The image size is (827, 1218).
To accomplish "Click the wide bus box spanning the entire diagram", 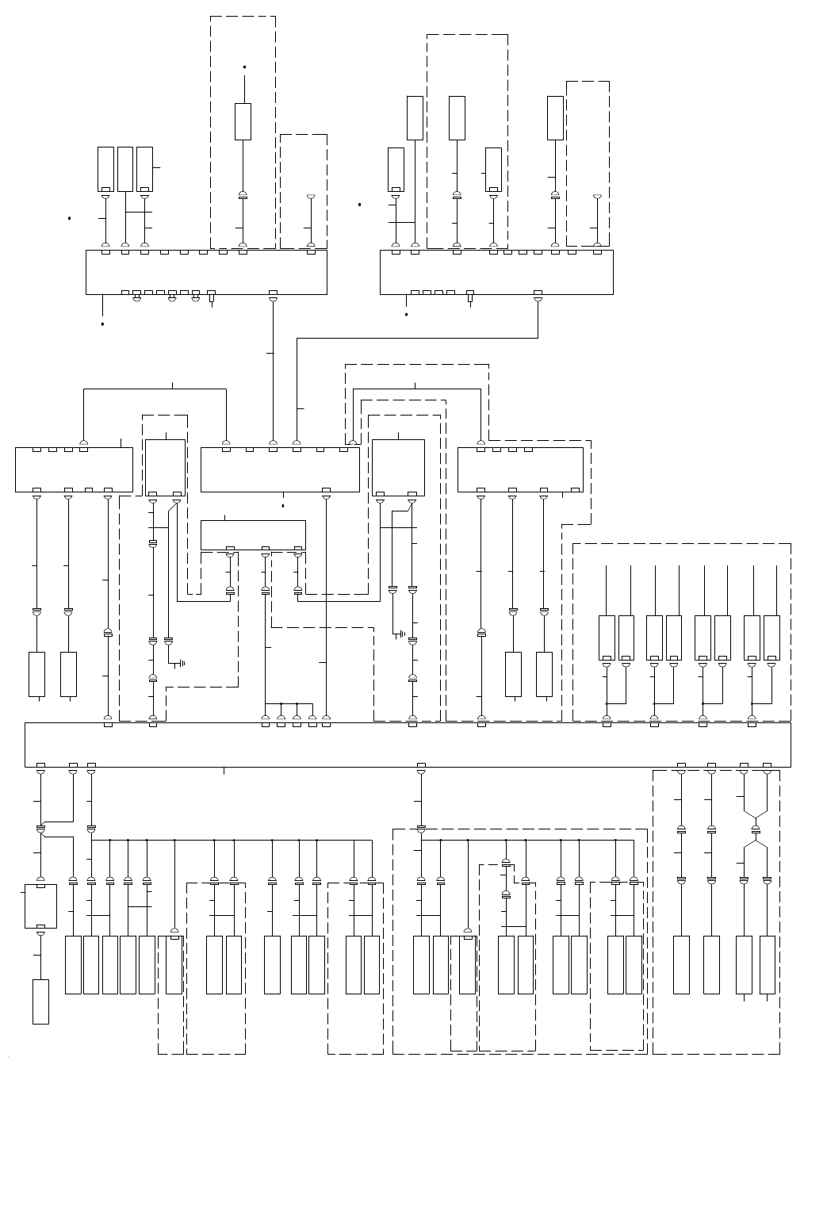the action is coord(408,745).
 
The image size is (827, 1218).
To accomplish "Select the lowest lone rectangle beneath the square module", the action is coord(40,1002).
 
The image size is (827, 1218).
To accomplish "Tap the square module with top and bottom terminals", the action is coord(41,906).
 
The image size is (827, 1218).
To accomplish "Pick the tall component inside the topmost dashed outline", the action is coord(243,121).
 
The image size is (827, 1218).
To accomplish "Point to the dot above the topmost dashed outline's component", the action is coord(244,67).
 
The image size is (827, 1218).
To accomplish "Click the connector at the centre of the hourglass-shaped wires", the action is coord(755,829).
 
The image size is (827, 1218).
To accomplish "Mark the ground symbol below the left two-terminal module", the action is coord(182,663).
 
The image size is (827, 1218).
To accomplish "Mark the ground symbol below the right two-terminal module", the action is coord(403,634).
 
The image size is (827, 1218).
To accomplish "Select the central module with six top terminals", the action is coord(280,469).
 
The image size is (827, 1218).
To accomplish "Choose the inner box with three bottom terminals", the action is coord(253,534).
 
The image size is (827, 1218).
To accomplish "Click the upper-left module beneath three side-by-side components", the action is coord(206,272).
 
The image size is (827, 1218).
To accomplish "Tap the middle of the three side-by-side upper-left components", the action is coord(125,169).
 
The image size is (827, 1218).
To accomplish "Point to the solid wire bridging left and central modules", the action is coord(155,389).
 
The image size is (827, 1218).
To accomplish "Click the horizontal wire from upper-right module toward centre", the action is coord(417,339).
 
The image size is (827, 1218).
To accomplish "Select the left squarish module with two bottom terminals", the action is coord(165,468).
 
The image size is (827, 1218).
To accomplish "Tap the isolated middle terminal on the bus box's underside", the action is coord(421,766).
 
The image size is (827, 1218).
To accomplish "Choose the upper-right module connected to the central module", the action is coord(496,272).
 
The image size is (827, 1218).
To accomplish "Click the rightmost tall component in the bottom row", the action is coord(767,964).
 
